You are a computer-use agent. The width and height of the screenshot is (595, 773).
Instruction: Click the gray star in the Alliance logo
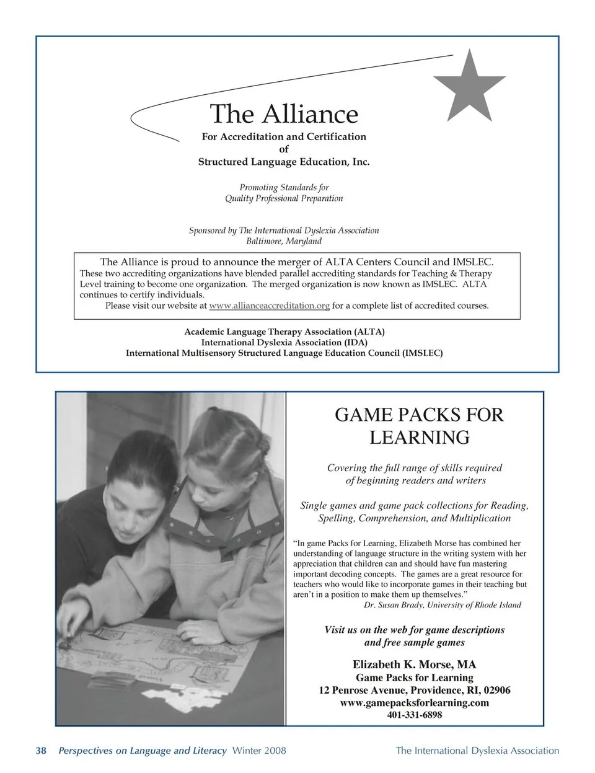[x=469, y=87]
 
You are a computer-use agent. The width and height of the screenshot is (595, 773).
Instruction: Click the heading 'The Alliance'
[x=284, y=114]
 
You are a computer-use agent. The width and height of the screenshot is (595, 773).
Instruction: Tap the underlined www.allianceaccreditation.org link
[x=269, y=306]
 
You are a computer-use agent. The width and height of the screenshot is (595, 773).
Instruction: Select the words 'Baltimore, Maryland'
[x=284, y=241]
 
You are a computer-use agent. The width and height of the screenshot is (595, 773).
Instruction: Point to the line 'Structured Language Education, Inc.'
[x=284, y=162]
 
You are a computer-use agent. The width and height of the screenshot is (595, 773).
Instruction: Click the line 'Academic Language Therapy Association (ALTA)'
[x=284, y=332]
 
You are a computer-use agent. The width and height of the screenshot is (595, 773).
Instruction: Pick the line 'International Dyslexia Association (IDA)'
[x=284, y=342]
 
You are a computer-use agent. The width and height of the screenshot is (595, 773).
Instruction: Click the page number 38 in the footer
[x=41, y=751]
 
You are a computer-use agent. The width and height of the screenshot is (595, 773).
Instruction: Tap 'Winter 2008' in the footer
[x=258, y=751]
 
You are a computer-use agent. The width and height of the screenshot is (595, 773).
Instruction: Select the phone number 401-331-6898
[x=414, y=715]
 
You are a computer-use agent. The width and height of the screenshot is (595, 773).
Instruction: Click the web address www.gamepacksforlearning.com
[x=414, y=702]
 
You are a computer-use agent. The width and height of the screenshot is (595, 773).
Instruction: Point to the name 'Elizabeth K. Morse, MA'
[x=414, y=665]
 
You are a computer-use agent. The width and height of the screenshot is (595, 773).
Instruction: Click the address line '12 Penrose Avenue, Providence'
[x=414, y=690]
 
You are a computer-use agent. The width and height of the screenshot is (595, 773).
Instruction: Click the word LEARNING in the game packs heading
[x=420, y=438]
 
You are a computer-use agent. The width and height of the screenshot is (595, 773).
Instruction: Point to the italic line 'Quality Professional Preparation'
[x=284, y=198]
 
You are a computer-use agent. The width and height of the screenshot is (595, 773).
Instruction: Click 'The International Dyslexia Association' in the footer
[x=477, y=751]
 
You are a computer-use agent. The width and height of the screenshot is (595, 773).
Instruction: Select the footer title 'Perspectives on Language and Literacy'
[x=142, y=751]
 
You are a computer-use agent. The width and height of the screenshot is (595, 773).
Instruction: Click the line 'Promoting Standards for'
[x=284, y=187]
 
